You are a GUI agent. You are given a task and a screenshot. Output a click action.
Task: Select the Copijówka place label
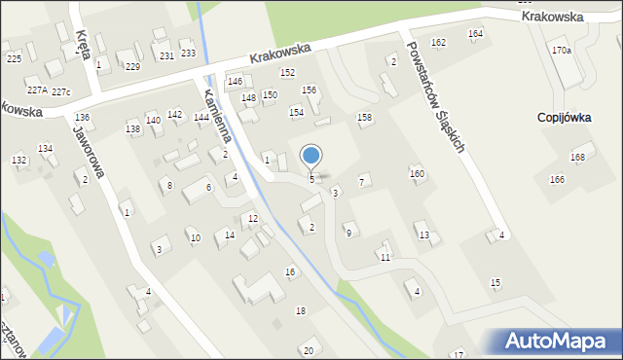pyautogui.click(x=566, y=117)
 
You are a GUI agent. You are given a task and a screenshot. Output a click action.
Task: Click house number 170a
pyautogui.click(x=561, y=50)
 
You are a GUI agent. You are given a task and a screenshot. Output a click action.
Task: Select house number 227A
pyautogui.click(x=37, y=90)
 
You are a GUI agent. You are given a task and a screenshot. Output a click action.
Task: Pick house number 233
pyautogui.click(x=188, y=53)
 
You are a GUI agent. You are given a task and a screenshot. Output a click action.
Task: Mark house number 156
pyautogui.click(x=309, y=90)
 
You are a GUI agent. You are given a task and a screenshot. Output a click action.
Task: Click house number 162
pyautogui.click(x=438, y=42)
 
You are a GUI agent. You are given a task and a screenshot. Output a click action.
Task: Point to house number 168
pyautogui.click(x=578, y=157)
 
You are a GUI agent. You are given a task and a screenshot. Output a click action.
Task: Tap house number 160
pyautogui.click(x=417, y=173)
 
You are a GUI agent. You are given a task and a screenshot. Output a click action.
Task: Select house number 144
pyautogui.click(x=201, y=117)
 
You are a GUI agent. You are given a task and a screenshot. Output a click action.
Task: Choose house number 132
pyautogui.click(x=18, y=159)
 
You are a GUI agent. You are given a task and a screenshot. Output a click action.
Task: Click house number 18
pyautogui.click(x=300, y=310)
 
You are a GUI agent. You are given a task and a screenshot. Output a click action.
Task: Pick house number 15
pyautogui.click(x=495, y=282)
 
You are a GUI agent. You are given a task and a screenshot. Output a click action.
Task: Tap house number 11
pyautogui.click(x=385, y=257)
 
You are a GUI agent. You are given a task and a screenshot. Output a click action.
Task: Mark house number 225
pyautogui.click(x=14, y=58)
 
